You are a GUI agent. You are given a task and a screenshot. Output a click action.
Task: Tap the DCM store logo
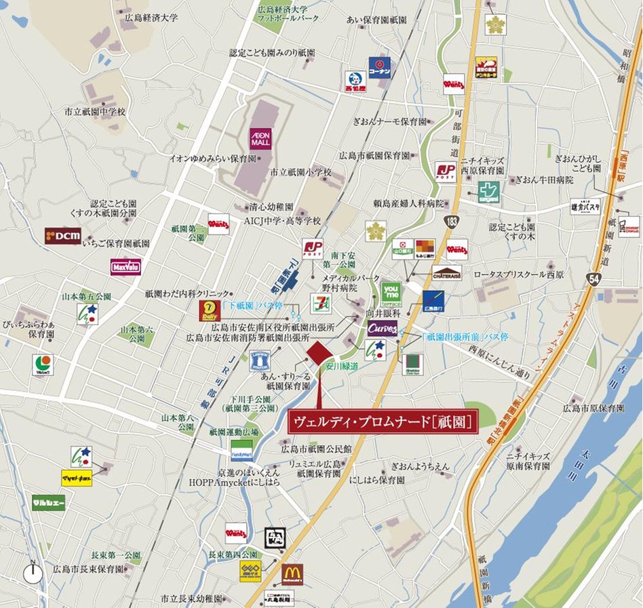point(63,236)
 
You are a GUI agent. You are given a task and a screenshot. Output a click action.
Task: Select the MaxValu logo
point(125,266)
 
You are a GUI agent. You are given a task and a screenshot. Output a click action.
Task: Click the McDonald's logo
point(292,575)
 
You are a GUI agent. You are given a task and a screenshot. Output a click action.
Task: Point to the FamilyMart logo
point(241,451)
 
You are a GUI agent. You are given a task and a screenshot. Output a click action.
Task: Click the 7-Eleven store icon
point(321,304)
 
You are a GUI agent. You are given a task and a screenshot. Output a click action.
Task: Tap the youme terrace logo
point(391,292)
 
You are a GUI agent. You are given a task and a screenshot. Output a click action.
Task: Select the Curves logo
point(383,329)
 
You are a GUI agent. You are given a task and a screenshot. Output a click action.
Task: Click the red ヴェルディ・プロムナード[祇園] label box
point(383,422)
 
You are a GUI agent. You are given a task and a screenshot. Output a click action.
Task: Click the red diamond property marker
point(319,353)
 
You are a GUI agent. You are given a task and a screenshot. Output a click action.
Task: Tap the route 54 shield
point(593,279)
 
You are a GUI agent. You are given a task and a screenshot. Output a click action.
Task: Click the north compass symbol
point(33,573)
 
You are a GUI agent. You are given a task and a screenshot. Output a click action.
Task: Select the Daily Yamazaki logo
point(210,311)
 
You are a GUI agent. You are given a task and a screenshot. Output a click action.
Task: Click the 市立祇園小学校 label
point(300,173)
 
